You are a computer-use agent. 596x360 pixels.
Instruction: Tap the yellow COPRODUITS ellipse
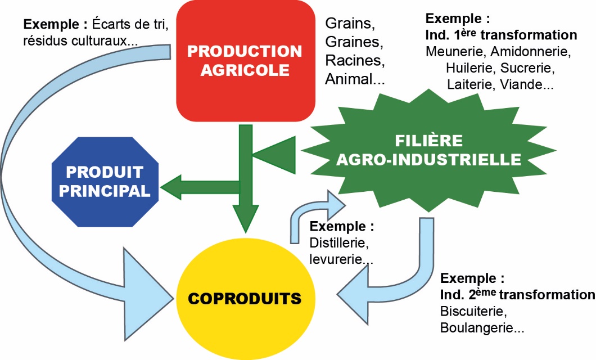(245, 298)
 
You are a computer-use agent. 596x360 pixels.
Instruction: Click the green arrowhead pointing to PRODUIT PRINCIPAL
(171, 186)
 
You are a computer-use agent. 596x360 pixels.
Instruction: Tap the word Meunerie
(456, 52)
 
